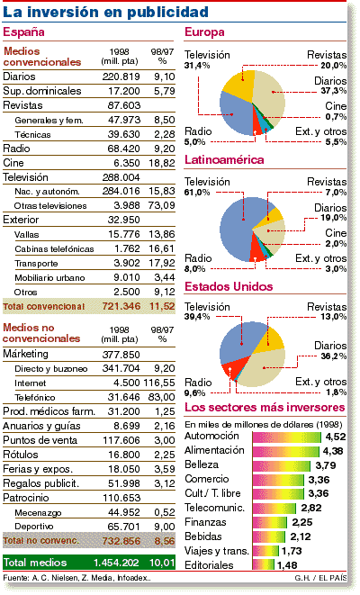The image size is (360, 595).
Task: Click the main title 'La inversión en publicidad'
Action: tap(105, 12)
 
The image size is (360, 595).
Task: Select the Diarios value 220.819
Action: tap(121, 77)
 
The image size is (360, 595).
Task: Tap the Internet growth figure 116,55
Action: tap(159, 383)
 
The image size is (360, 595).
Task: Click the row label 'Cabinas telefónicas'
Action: tap(54, 249)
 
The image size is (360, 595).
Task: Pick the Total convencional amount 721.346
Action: tap(121, 306)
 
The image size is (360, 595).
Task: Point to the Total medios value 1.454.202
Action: tap(116, 563)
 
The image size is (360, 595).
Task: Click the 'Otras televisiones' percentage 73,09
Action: tap(162, 205)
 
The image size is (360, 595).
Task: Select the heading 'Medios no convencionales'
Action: tap(41, 333)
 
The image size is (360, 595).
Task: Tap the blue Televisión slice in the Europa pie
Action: tap(236, 113)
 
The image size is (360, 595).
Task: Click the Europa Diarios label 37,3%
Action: tap(333, 91)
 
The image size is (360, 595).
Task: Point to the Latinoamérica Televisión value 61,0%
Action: tap(197, 193)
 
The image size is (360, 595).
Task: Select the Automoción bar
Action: tap(287, 437)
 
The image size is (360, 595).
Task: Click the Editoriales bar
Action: tap(264, 564)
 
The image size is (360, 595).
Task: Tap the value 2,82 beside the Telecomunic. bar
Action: tap(311, 508)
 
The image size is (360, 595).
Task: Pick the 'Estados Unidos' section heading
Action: tap(229, 286)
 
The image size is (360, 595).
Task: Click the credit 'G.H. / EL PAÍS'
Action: tap(320, 578)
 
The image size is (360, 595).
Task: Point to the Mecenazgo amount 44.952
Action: tap(124, 512)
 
